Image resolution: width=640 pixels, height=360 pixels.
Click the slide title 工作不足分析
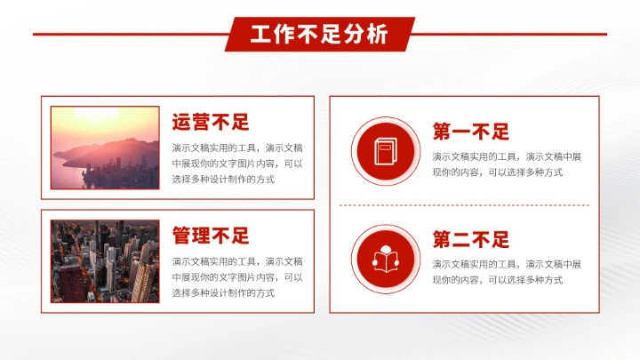[x=319, y=35]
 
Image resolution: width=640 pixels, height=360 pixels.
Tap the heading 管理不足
[x=211, y=236]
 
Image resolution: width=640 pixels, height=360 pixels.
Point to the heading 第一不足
[x=471, y=132]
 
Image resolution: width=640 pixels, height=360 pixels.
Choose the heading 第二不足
[x=471, y=239]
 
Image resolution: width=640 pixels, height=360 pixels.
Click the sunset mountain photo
[x=105, y=148]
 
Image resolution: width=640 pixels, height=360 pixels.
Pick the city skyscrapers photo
[x=105, y=260]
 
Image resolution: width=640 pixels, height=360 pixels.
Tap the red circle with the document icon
[x=385, y=151]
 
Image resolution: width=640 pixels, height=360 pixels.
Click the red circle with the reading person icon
[x=385, y=259]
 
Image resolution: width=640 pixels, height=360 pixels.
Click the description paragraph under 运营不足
[x=237, y=163]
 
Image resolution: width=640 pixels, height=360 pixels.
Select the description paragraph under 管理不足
[x=237, y=276]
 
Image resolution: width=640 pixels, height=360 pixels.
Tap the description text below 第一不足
[x=507, y=164]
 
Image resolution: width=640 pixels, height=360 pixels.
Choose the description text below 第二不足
[x=507, y=271]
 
